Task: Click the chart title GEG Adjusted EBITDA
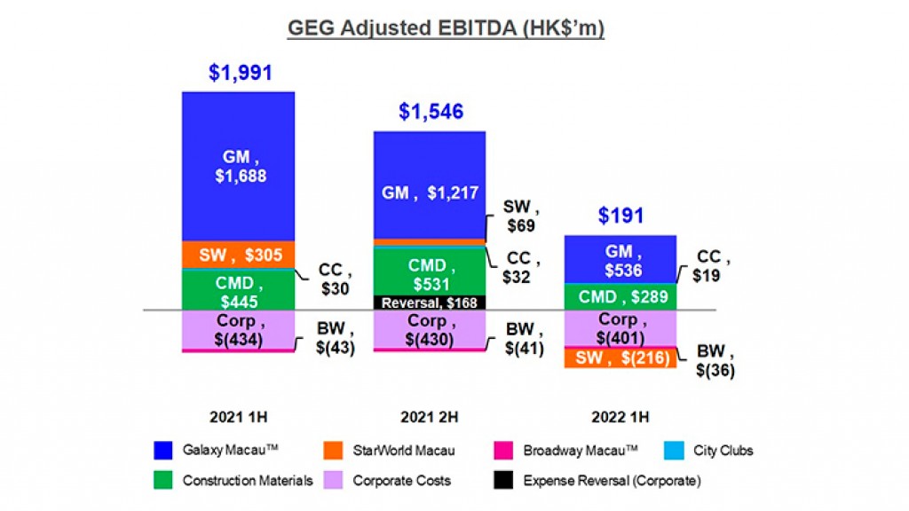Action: click(446, 28)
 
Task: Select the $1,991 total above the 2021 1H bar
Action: click(240, 73)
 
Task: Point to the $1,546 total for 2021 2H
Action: click(431, 113)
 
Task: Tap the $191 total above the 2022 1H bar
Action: click(620, 216)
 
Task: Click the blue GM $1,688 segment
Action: click(238, 166)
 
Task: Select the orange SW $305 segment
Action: click(238, 255)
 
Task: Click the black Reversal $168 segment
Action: click(430, 303)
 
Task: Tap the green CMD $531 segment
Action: click(430, 273)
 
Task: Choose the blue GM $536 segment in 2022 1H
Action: click(620, 260)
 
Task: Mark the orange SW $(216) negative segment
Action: click(620, 358)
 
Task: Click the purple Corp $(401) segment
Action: click(620, 328)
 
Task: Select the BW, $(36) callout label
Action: click(711, 360)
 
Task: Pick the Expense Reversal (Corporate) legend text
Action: click(612, 481)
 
